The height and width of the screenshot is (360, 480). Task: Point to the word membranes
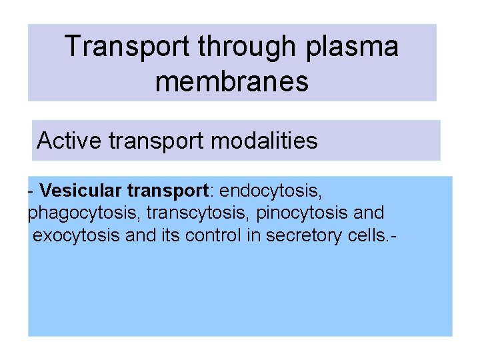(232, 81)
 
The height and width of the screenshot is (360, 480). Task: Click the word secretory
(299, 235)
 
